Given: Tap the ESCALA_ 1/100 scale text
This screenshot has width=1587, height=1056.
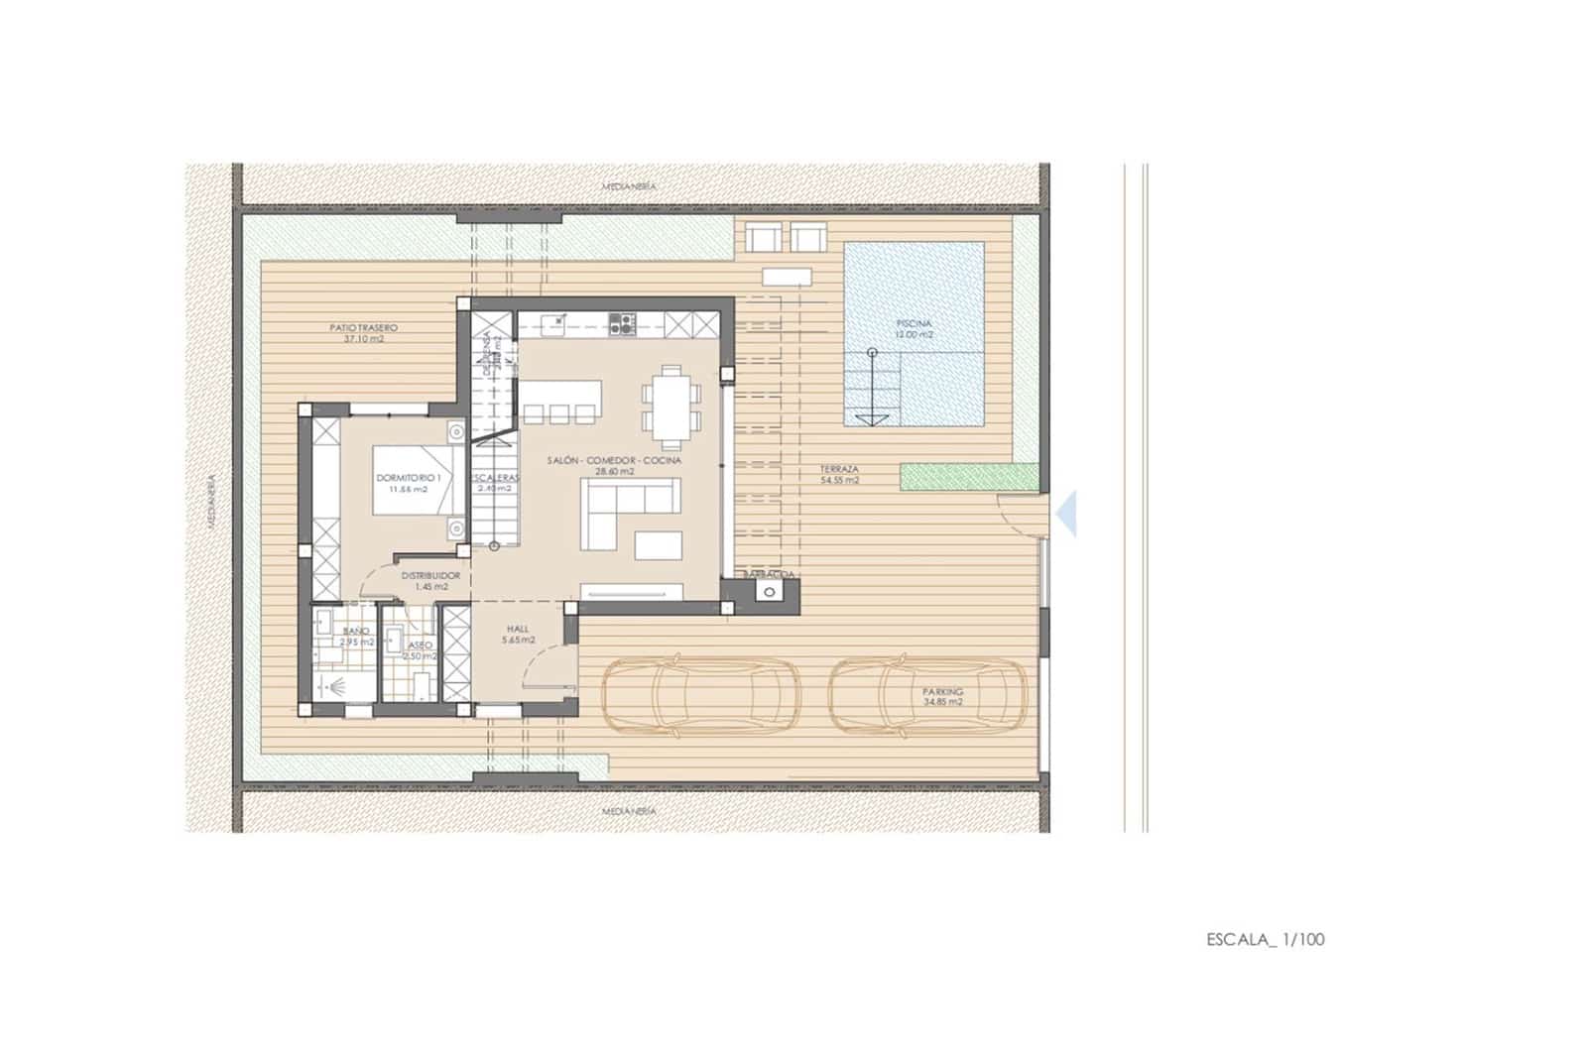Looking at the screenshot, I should (1265, 939).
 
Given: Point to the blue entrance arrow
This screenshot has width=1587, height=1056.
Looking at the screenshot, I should (1067, 513).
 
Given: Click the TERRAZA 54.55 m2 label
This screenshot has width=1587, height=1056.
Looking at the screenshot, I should (839, 474).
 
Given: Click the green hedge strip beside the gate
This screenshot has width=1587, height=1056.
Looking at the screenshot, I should (969, 477).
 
